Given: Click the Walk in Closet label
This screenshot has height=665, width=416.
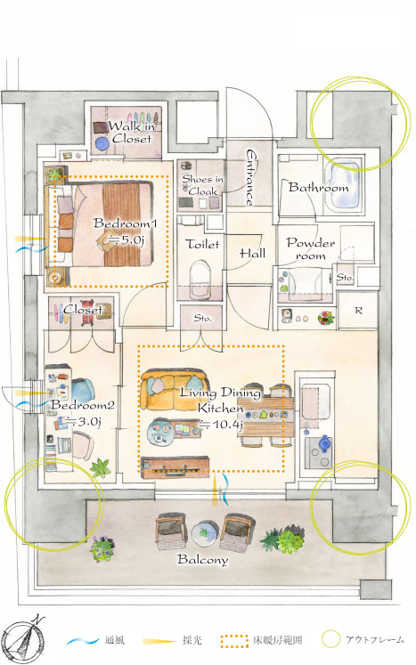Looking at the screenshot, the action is click(132, 132).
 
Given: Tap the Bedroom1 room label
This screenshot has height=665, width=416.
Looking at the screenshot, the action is click(125, 223).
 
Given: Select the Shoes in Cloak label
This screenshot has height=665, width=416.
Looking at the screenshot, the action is click(202, 185).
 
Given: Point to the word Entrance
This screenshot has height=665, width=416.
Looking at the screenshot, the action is click(251, 177).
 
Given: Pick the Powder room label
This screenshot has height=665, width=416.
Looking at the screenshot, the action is click(311, 249).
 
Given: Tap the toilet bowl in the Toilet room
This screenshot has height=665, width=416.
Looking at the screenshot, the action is click(200, 279).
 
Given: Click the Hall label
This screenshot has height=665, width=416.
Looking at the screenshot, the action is click(253, 254).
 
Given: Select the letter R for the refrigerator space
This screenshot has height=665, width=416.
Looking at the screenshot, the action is click(358, 311).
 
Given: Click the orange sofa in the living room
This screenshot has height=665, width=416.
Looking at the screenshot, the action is click(174, 389).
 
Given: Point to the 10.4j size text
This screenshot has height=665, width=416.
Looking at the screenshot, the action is click(220, 424).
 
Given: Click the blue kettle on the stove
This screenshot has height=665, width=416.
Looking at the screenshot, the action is click(325, 442).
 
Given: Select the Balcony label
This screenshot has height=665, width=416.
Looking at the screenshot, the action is click(202, 559).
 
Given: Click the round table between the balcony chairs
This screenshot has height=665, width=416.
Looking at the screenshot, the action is click(205, 532).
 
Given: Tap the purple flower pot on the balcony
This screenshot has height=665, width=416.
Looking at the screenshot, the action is click(102, 548).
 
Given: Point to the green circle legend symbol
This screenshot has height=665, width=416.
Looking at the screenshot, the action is click(330, 639).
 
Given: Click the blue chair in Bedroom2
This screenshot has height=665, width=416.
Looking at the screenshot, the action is click(83, 390).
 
